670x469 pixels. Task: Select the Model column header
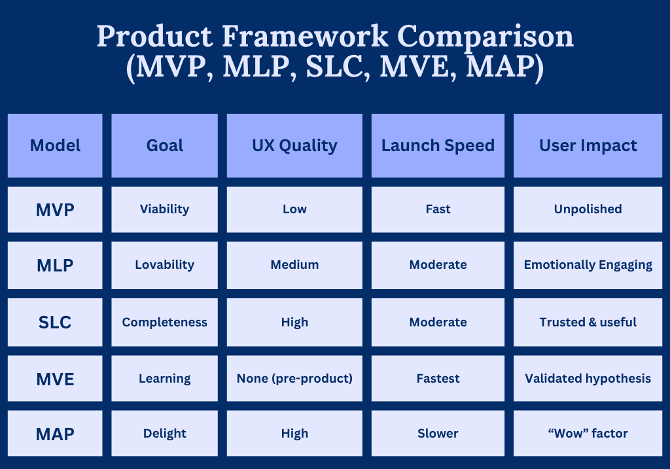point(55,146)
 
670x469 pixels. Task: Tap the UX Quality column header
point(294,146)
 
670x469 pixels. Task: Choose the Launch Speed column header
point(438,146)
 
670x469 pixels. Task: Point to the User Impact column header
point(588,146)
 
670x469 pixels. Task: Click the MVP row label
point(55,210)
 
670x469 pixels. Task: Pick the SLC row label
point(55,322)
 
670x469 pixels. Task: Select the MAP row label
point(55,434)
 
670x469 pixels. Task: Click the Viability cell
point(164,210)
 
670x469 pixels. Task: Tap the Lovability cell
point(164,266)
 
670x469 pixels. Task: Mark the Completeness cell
point(164,322)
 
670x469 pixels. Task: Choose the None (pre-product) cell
point(294,379)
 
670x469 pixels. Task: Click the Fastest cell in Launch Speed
point(438,379)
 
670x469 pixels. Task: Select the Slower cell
point(438,434)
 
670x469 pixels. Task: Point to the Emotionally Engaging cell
point(588,266)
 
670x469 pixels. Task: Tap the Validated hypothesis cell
point(588,379)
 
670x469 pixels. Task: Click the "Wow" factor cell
point(588,434)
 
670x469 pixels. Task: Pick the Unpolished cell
point(588,210)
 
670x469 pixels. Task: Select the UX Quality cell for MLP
point(294,266)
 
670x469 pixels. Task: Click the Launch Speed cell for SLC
point(438,322)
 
